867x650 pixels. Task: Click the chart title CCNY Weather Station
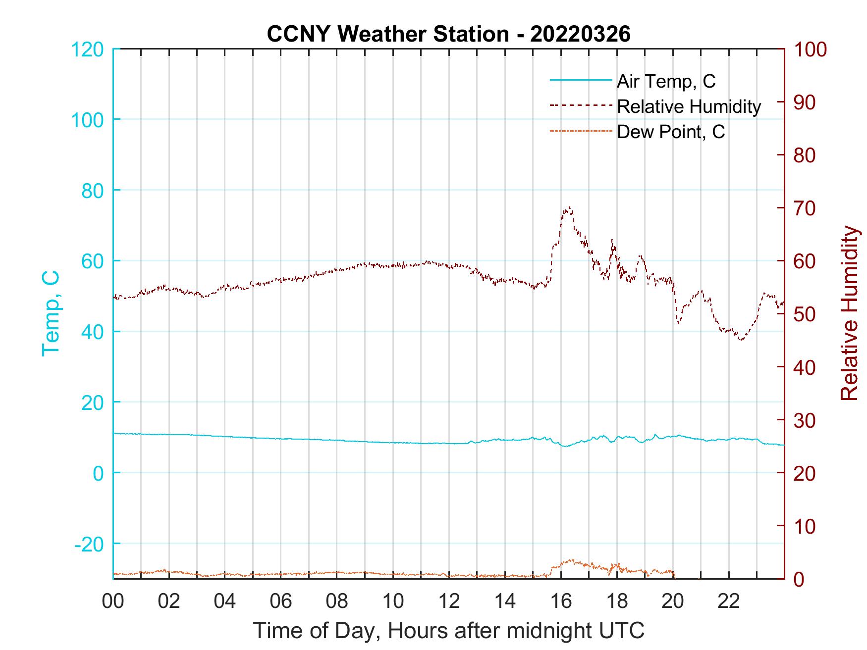tap(448, 34)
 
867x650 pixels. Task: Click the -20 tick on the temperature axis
tap(89, 544)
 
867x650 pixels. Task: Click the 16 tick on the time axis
tap(561, 601)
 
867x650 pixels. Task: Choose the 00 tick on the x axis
tap(113, 601)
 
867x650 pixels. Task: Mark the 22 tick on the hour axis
tap(729, 601)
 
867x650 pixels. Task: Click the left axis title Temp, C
tap(51, 313)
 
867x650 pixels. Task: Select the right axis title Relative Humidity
tap(849, 313)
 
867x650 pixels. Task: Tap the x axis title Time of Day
tap(448, 631)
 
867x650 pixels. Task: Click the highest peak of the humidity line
tap(569, 207)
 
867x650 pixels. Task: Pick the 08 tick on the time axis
tap(337, 601)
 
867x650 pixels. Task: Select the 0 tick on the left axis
tap(99, 473)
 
